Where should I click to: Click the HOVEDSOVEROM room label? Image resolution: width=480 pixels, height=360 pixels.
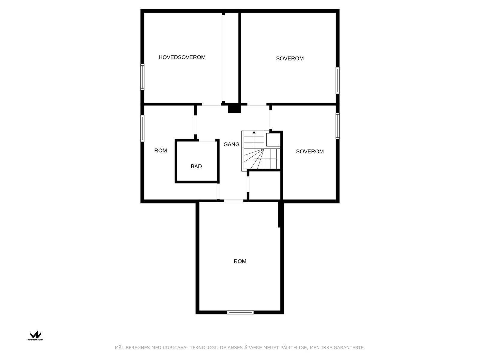point(182,57)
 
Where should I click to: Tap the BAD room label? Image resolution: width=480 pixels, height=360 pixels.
point(196,166)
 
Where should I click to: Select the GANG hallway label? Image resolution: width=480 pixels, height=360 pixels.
point(231,144)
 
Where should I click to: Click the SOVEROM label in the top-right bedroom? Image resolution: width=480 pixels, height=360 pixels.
point(290,58)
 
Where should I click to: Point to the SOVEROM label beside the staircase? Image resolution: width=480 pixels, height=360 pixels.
point(310,151)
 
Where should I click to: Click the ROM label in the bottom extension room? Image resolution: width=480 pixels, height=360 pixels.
point(240,261)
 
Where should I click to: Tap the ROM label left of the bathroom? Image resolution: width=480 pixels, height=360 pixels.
point(160,151)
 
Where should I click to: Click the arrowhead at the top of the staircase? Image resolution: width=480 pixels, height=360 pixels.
point(254,132)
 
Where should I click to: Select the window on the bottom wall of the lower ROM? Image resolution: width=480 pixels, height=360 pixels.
point(240,312)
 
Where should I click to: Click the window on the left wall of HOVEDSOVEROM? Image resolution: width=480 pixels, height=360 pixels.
point(142,77)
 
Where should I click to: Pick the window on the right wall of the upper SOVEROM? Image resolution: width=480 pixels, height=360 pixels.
point(337,80)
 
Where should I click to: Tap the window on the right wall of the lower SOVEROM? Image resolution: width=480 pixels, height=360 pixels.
point(337,126)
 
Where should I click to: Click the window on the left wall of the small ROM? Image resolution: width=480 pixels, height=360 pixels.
point(142,128)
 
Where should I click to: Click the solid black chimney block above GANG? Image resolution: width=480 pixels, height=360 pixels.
point(234,108)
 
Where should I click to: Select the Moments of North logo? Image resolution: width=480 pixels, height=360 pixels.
point(36,335)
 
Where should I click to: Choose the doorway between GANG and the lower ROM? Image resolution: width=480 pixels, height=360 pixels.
point(234,201)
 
